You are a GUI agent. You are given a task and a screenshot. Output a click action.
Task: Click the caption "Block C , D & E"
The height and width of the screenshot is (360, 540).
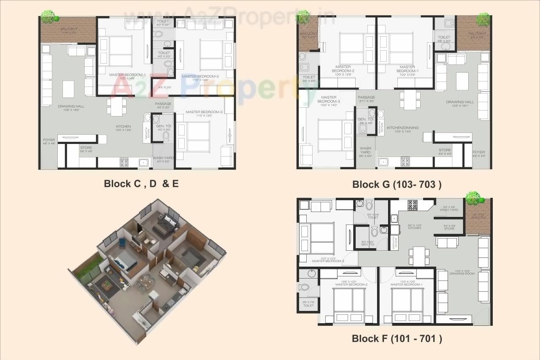tap(141, 184)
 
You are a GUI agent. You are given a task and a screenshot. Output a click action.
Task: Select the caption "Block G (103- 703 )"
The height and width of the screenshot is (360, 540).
tap(397, 184)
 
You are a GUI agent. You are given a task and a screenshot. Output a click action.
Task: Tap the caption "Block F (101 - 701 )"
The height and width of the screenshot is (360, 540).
tap(397, 338)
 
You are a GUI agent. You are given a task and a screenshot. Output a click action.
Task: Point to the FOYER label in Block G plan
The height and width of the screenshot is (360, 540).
tap(478, 152)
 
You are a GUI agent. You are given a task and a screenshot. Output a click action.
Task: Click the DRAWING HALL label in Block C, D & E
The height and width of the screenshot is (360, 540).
tap(71, 106)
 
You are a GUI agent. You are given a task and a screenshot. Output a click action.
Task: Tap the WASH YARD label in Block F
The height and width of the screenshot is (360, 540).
tap(448, 210)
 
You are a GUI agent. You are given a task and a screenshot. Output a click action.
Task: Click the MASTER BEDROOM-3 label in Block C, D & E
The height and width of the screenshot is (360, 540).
tap(204, 112)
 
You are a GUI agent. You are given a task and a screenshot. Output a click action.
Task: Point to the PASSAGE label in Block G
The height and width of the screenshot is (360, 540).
tap(366, 97)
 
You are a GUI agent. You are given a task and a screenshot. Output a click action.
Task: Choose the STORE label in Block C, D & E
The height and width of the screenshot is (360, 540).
tap(86, 148)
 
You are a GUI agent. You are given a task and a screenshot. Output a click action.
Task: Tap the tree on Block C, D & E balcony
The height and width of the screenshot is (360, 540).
tap(49, 17)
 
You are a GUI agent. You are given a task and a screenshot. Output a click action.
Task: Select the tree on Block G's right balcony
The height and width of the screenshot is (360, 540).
tap(483, 19)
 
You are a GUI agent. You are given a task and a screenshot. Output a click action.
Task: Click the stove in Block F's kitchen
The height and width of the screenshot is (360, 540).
tap(412, 205)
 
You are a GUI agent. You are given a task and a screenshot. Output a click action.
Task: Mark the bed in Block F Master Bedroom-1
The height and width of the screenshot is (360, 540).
tap(407, 304)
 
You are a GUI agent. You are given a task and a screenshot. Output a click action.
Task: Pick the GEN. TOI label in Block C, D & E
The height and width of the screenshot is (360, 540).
tap(163, 126)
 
